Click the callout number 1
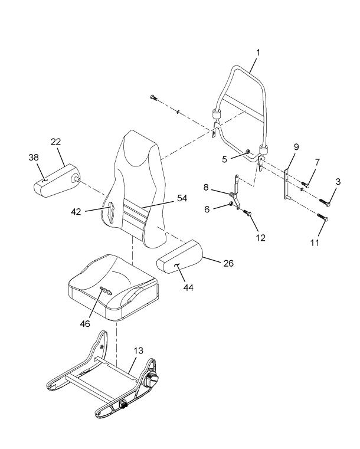(x=258, y=53)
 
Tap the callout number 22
(x=56, y=142)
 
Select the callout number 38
(x=34, y=157)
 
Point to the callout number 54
(x=182, y=198)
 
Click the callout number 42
(x=76, y=212)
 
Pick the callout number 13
(x=138, y=350)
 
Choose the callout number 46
(x=85, y=323)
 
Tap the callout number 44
(x=188, y=287)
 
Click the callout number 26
(x=228, y=263)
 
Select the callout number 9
(x=296, y=147)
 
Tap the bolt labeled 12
(x=247, y=212)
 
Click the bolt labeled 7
(x=305, y=185)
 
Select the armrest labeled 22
(x=57, y=181)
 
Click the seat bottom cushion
(x=113, y=287)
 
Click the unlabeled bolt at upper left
(x=154, y=97)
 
